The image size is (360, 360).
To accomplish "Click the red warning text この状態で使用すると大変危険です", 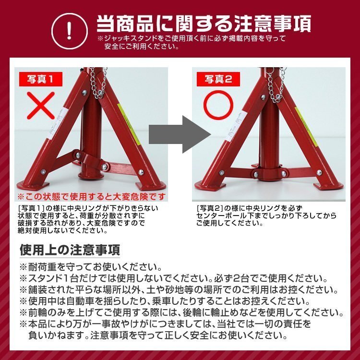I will pyautogui.click(x=93, y=197).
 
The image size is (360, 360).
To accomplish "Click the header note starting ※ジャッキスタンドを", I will pyautogui.click(x=192, y=42).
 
